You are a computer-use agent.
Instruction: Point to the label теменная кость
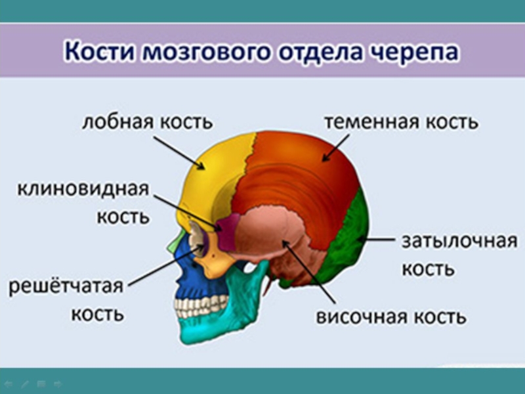[402, 121]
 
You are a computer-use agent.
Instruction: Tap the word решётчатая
[66, 286]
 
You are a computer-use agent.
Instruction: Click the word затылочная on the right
[459, 242]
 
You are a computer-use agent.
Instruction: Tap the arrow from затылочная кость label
[374, 240]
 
